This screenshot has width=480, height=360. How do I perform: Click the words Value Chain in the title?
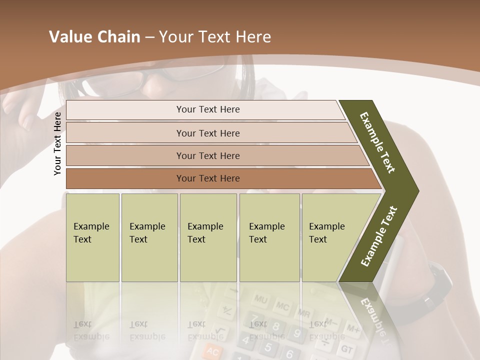94,37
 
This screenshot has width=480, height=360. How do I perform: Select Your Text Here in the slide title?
215,37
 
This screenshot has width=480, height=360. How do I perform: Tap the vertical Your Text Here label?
57,143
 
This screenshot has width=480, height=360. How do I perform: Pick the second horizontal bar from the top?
207,133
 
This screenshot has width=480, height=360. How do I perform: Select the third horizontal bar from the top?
207,155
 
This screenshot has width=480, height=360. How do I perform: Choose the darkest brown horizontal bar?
207,178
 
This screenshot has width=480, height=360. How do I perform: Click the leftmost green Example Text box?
92,237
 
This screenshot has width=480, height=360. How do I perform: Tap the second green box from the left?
149,237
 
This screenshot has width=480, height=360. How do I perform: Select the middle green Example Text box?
208,237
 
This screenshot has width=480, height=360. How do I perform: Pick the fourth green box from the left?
269,237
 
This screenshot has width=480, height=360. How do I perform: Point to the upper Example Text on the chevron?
378,142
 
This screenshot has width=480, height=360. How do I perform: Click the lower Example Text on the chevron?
379,236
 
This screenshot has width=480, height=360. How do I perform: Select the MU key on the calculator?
260,299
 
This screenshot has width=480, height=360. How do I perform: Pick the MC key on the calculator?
282,305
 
